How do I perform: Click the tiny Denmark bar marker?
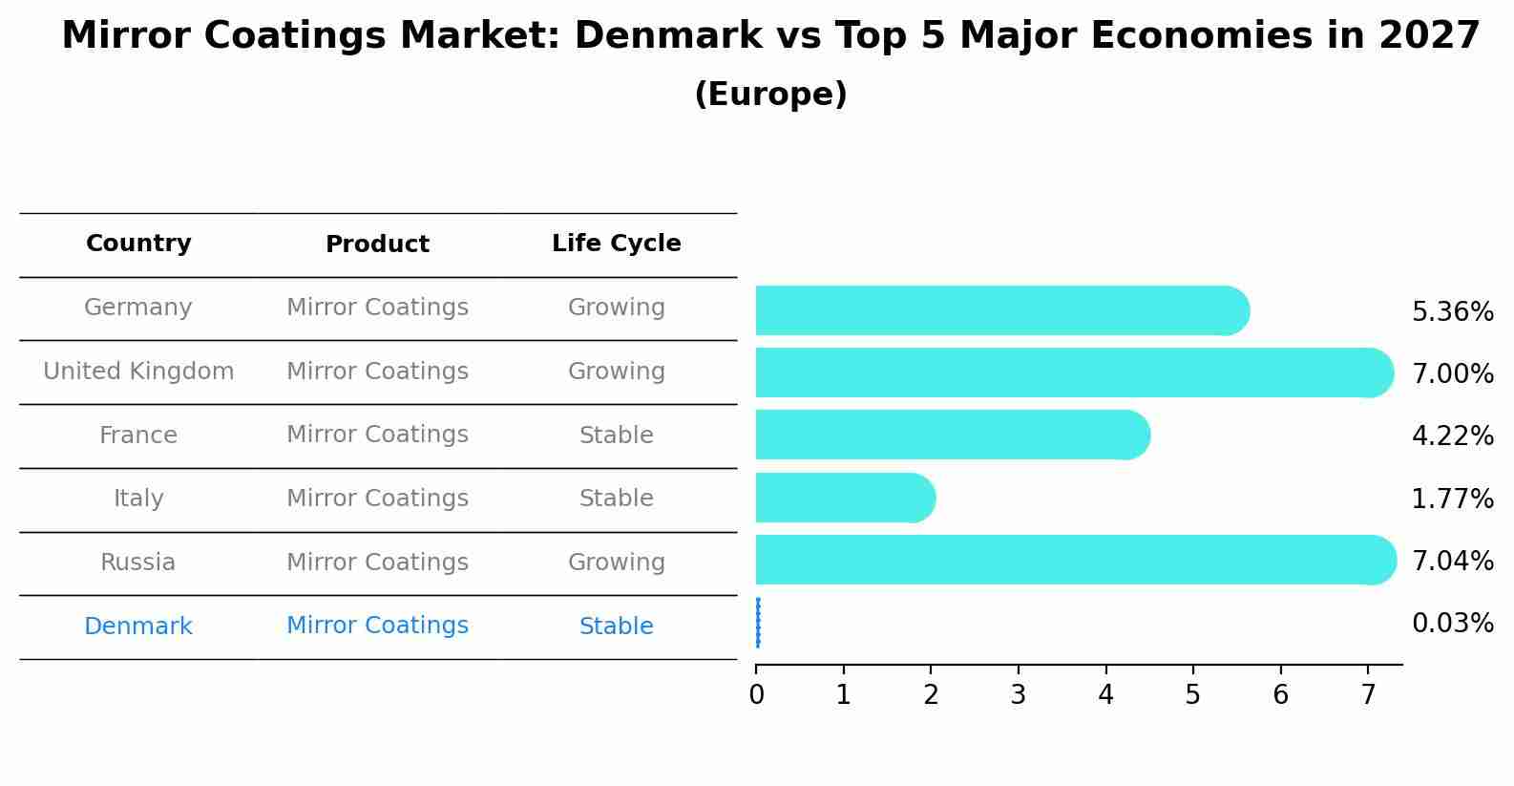758,623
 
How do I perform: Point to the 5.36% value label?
1452,312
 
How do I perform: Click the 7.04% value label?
1452,561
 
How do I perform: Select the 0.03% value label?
1452,624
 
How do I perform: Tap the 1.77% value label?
1452,499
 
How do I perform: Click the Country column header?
138,244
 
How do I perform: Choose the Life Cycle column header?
616,244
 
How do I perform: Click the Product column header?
377,244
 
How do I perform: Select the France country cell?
138,435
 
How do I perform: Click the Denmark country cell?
138,627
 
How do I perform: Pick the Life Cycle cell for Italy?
616,499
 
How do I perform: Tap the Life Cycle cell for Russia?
616,563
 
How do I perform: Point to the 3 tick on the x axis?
1019,694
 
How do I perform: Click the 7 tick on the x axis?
1368,694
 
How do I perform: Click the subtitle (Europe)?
770,95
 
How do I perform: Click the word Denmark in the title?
668,36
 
